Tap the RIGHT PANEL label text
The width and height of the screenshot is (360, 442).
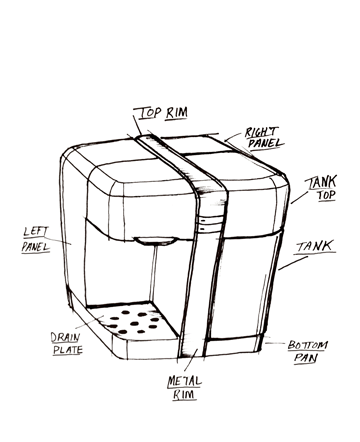[265, 137]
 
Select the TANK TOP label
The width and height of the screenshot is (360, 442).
[321, 188]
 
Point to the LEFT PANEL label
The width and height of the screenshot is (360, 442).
[36, 239]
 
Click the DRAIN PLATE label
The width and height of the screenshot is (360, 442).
[67, 343]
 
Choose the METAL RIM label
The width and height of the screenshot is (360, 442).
[184, 388]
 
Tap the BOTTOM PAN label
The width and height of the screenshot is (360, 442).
[307, 352]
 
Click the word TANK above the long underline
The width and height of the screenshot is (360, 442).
[315, 246]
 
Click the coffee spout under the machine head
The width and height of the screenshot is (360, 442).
[155, 241]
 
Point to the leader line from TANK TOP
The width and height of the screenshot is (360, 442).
[300, 197]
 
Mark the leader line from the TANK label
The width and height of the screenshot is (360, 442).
[293, 263]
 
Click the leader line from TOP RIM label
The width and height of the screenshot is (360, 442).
[137, 125]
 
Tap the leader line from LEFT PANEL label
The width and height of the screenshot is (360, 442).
[57, 240]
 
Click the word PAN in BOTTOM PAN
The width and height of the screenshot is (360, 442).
[305, 358]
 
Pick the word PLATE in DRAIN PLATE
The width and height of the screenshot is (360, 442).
[68, 350]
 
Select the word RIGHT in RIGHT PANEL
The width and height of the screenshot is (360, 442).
[261, 132]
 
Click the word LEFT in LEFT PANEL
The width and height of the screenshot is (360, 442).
[36, 232]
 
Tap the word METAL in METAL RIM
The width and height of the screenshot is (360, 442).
[184, 381]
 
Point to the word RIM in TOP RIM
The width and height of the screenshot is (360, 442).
[177, 113]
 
